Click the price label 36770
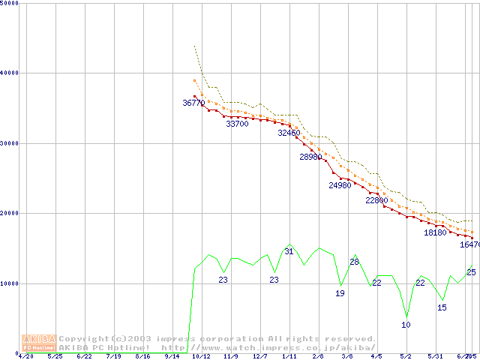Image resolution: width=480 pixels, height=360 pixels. [x=193, y=103]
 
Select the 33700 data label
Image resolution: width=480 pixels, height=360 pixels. [x=237, y=124]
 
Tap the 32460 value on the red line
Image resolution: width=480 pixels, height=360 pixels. [x=289, y=133]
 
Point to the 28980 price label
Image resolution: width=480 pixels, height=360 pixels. [x=310, y=157]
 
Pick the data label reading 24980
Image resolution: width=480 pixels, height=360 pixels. [x=340, y=185]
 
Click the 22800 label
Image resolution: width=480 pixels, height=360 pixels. [x=376, y=200]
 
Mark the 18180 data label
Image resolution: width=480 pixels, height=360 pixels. [x=435, y=232]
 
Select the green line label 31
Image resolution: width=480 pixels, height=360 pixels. [x=289, y=251]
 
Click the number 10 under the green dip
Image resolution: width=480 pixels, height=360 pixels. [x=406, y=325]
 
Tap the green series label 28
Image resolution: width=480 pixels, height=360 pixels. [x=355, y=262]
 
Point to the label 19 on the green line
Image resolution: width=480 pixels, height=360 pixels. [x=340, y=293]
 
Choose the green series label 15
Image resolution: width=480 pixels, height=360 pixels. [x=442, y=307]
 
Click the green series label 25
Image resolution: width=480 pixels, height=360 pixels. [x=471, y=272]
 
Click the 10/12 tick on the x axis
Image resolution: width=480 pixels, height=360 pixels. [x=200, y=356]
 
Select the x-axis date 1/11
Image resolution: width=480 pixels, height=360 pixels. [x=289, y=356]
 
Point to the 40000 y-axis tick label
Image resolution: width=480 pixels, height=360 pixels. [x=10, y=73]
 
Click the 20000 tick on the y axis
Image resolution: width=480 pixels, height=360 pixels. [x=10, y=214]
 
